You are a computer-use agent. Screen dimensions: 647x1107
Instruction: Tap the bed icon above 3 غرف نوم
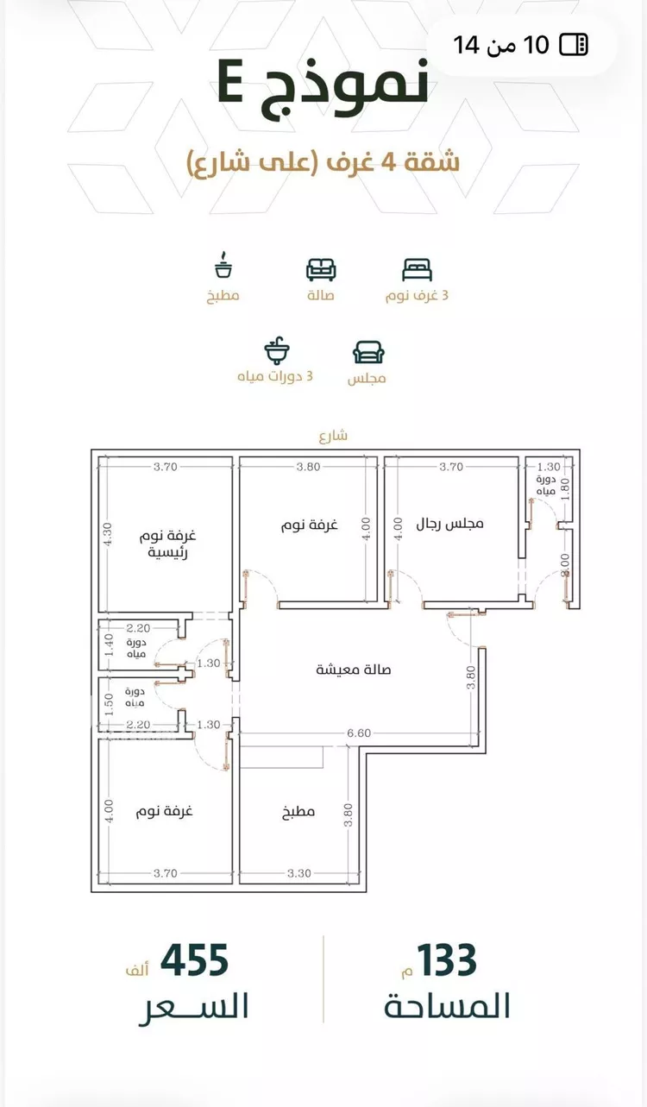click(418, 269)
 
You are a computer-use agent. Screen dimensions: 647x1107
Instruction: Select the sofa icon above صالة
click(321, 269)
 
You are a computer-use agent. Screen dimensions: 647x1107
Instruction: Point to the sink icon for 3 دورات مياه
click(277, 350)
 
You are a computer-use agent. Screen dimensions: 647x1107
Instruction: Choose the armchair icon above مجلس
click(368, 352)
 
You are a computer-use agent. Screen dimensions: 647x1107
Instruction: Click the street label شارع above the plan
click(333, 436)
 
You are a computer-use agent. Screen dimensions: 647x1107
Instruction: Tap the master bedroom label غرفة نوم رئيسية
click(167, 544)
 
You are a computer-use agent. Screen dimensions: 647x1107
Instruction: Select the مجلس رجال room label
click(449, 524)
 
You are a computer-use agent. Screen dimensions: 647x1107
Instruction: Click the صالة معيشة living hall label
click(354, 670)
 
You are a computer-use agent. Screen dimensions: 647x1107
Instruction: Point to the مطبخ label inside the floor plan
click(298, 811)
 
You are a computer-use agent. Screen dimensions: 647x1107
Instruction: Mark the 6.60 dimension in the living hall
click(358, 733)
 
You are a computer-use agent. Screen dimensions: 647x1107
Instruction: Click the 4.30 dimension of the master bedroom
click(108, 534)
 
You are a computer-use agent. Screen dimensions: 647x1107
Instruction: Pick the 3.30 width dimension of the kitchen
click(299, 873)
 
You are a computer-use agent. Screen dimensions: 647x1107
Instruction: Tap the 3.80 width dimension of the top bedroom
click(308, 467)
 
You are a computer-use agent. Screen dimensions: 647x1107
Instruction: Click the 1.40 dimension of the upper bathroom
click(110, 645)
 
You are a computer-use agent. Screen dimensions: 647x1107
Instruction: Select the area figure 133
click(447, 959)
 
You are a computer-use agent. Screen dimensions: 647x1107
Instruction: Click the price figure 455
click(194, 959)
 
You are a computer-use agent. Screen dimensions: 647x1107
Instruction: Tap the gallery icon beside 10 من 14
click(574, 45)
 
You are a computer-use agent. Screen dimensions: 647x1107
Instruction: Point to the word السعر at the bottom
click(193, 1006)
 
